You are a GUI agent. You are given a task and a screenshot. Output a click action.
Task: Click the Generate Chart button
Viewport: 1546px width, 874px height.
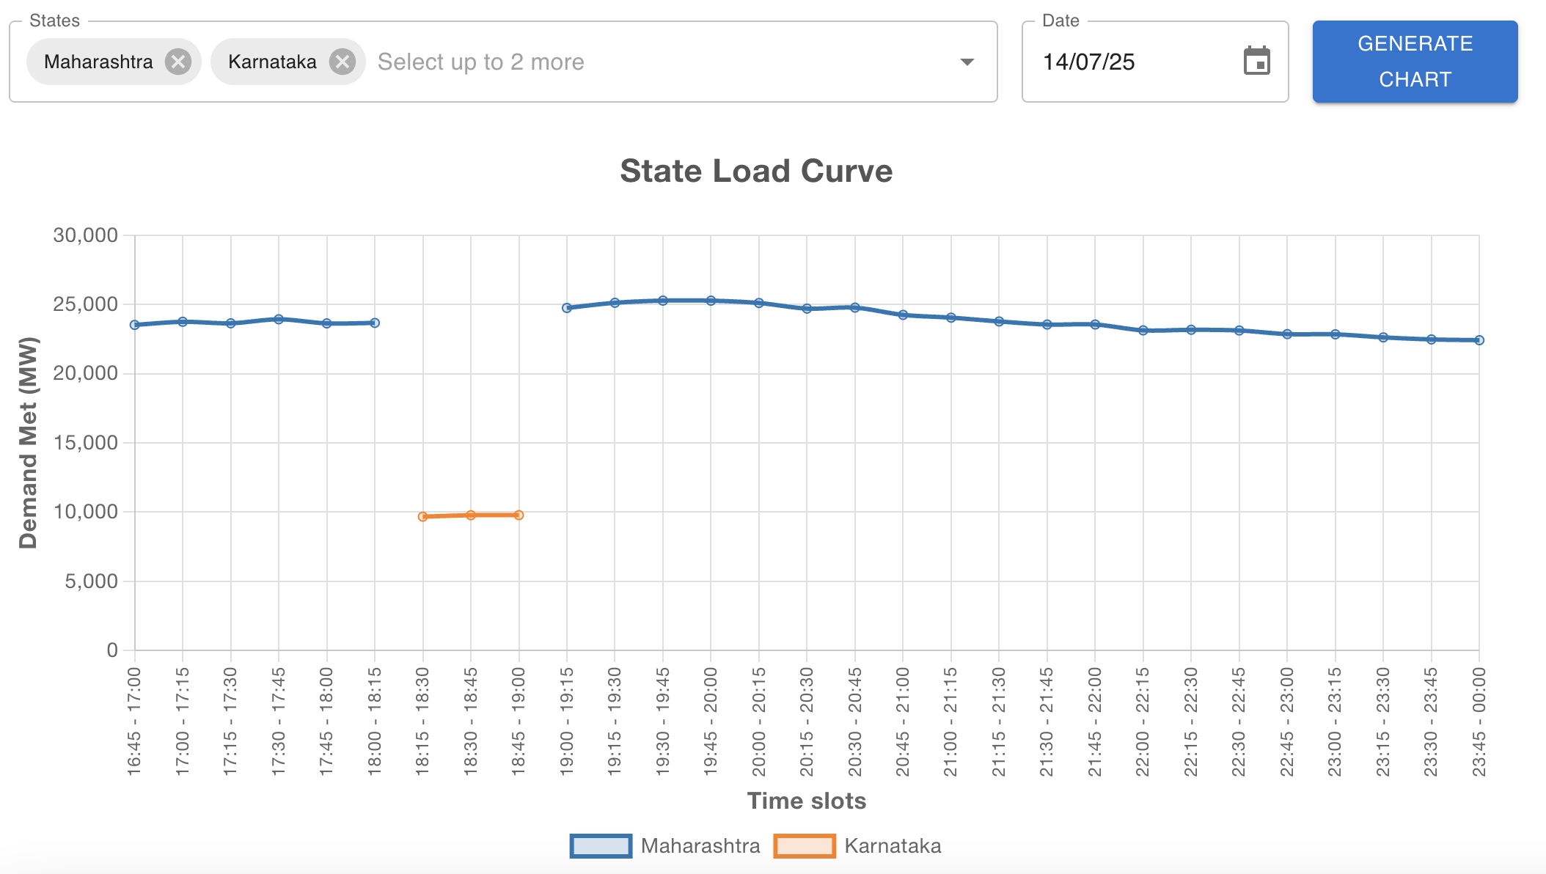coord(1415,62)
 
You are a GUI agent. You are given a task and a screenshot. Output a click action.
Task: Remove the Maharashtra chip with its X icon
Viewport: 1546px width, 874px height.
coord(177,62)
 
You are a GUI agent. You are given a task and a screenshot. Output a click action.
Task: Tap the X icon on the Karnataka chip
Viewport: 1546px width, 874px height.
coord(342,62)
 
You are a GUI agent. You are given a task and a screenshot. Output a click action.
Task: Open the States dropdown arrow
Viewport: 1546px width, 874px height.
coord(967,62)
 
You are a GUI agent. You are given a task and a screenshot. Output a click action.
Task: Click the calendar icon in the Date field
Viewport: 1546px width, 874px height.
coord(1256,61)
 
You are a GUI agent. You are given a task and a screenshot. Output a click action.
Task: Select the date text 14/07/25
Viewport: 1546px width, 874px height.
coord(1088,62)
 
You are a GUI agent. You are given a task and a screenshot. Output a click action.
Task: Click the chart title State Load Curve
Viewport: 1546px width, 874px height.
coord(756,172)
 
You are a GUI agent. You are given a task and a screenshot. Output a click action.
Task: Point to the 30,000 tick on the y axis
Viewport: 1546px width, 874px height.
coord(85,235)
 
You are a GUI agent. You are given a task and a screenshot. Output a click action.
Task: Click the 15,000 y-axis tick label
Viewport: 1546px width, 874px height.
coord(85,443)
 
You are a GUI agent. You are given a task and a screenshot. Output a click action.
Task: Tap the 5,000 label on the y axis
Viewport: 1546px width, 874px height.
coord(91,581)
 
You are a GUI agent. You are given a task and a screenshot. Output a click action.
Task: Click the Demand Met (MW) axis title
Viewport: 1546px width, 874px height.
coord(28,442)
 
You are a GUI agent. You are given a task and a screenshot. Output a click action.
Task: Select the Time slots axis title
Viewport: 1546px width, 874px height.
coord(806,801)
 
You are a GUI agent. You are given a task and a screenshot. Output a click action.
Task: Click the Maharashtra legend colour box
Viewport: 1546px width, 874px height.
coord(601,845)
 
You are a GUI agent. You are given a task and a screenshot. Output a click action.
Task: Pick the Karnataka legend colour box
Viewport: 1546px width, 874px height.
coord(804,845)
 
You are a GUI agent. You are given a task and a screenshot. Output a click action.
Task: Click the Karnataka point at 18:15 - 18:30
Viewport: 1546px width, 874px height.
coord(423,517)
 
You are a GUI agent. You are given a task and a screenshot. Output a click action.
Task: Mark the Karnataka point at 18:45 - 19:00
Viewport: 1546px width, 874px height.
coord(519,515)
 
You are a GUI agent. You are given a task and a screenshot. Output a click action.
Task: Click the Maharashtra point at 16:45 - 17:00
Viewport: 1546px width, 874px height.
coord(135,325)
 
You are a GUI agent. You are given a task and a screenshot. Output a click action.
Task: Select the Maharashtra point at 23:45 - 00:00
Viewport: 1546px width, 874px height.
coord(1479,340)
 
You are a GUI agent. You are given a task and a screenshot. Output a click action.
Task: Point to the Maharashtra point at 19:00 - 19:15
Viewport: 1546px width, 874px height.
coord(567,308)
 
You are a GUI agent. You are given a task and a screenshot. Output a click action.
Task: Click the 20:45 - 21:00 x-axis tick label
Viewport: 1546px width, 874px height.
coord(903,721)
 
